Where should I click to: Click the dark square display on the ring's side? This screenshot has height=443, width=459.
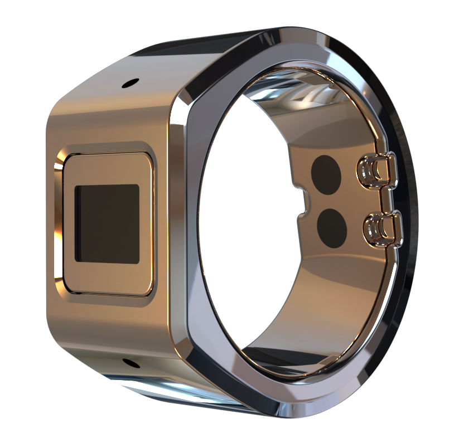[107, 223]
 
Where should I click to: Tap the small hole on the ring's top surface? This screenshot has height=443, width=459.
[129, 83]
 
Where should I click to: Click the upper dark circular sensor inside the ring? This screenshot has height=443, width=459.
[326, 174]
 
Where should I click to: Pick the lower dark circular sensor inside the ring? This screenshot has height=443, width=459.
[331, 227]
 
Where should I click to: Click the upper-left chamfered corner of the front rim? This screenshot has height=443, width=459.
[184, 98]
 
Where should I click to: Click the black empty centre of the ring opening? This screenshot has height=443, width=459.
[245, 223]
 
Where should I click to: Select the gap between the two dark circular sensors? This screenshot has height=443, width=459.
[329, 201]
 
